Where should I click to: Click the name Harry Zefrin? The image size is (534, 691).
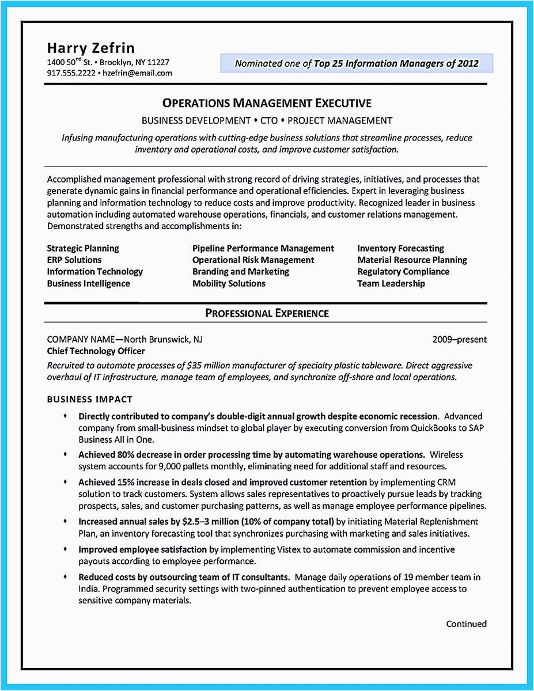[x=90, y=47]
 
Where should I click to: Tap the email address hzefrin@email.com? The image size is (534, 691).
[x=137, y=74]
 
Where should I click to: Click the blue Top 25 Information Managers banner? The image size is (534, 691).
[x=357, y=63]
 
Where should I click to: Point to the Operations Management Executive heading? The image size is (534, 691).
[x=267, y=103]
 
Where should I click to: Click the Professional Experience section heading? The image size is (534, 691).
[x=267, y=313]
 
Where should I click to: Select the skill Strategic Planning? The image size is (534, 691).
[x=83, y=248]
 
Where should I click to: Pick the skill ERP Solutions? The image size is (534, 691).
[x=74, y=260]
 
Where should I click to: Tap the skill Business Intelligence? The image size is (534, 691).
[x=89, y=283]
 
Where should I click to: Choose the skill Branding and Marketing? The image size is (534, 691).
[x=241, y=271]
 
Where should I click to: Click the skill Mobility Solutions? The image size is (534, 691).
[x=229, y=283]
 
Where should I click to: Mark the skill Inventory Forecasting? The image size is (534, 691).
[x=400, y=248]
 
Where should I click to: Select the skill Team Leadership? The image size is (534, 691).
[x=391, y=283]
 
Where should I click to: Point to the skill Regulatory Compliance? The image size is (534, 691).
[x=403, y=271]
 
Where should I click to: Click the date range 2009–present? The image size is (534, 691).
[x=459, y=339]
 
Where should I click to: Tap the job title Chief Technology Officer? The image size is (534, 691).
[x=96, y=351]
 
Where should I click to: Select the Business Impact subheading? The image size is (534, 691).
[x=90, y=399]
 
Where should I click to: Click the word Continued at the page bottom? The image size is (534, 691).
[x=466, y=624]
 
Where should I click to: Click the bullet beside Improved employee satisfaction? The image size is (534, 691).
[x=65, y=549]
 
